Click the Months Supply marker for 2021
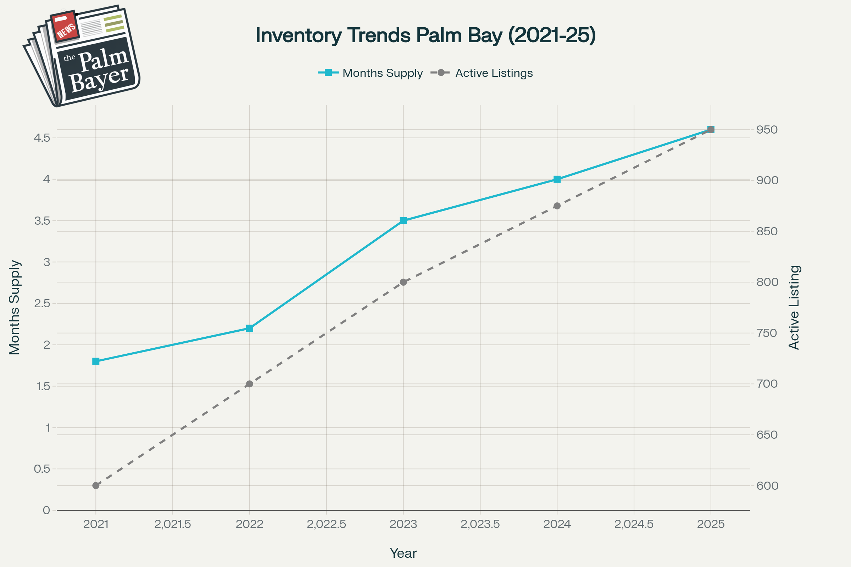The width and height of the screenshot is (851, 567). (96, 361)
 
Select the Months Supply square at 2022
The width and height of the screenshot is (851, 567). (249, 329)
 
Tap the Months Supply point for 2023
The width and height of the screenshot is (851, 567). (404, 220)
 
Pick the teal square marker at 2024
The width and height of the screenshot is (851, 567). (557, 179)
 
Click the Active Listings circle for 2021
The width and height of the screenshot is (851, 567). (96, 485)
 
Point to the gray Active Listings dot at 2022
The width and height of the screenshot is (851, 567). (249, 384)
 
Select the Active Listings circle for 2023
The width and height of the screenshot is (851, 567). (404, 282)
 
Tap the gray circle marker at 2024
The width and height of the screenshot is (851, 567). (557, 206)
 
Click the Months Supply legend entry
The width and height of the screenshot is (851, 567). (382, 73)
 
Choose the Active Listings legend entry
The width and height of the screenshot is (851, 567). (494, 73)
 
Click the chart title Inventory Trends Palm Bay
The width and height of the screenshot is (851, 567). (425, 35)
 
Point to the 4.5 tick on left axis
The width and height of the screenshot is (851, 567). (42, 138)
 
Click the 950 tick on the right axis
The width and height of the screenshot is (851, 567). (767, 129)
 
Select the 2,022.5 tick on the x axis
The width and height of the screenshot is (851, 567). (326, 524)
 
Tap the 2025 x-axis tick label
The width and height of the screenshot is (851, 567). (711, 524)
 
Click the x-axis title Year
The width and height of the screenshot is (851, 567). (403, 553)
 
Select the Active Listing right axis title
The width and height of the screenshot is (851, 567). (794, 307)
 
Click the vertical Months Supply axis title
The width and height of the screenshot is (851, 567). (15, 307)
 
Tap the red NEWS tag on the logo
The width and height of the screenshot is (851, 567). (65, 26)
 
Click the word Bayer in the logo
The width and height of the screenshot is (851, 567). (99, 79)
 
